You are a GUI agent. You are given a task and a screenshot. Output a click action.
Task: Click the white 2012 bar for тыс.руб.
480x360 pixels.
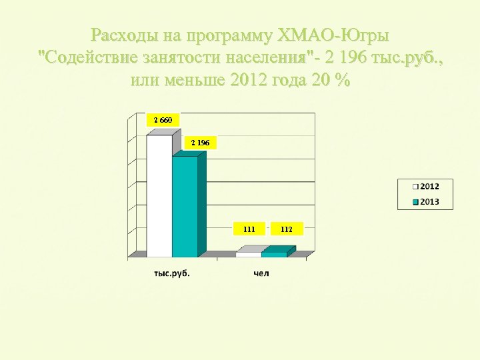point(159,196)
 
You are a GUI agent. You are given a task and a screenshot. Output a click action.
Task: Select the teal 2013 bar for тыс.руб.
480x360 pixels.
point(185,207)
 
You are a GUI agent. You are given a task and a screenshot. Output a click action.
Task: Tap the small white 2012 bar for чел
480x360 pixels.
point(248,254)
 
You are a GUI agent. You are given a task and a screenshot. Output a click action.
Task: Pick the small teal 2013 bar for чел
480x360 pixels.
point(273,254)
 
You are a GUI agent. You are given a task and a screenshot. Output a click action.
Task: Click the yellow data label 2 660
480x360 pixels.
point(163,120)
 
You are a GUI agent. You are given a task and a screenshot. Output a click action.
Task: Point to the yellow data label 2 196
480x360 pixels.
point(200,143)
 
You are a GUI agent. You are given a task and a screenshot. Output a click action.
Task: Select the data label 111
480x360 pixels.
point(249,229)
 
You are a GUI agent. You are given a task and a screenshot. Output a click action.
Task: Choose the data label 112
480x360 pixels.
point(287,229)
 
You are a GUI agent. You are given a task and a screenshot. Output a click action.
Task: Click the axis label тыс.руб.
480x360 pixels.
point(171,274)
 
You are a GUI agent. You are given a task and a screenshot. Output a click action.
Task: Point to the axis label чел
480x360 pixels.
point(261,274)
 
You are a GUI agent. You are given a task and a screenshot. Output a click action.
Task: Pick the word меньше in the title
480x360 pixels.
point(194,81)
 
